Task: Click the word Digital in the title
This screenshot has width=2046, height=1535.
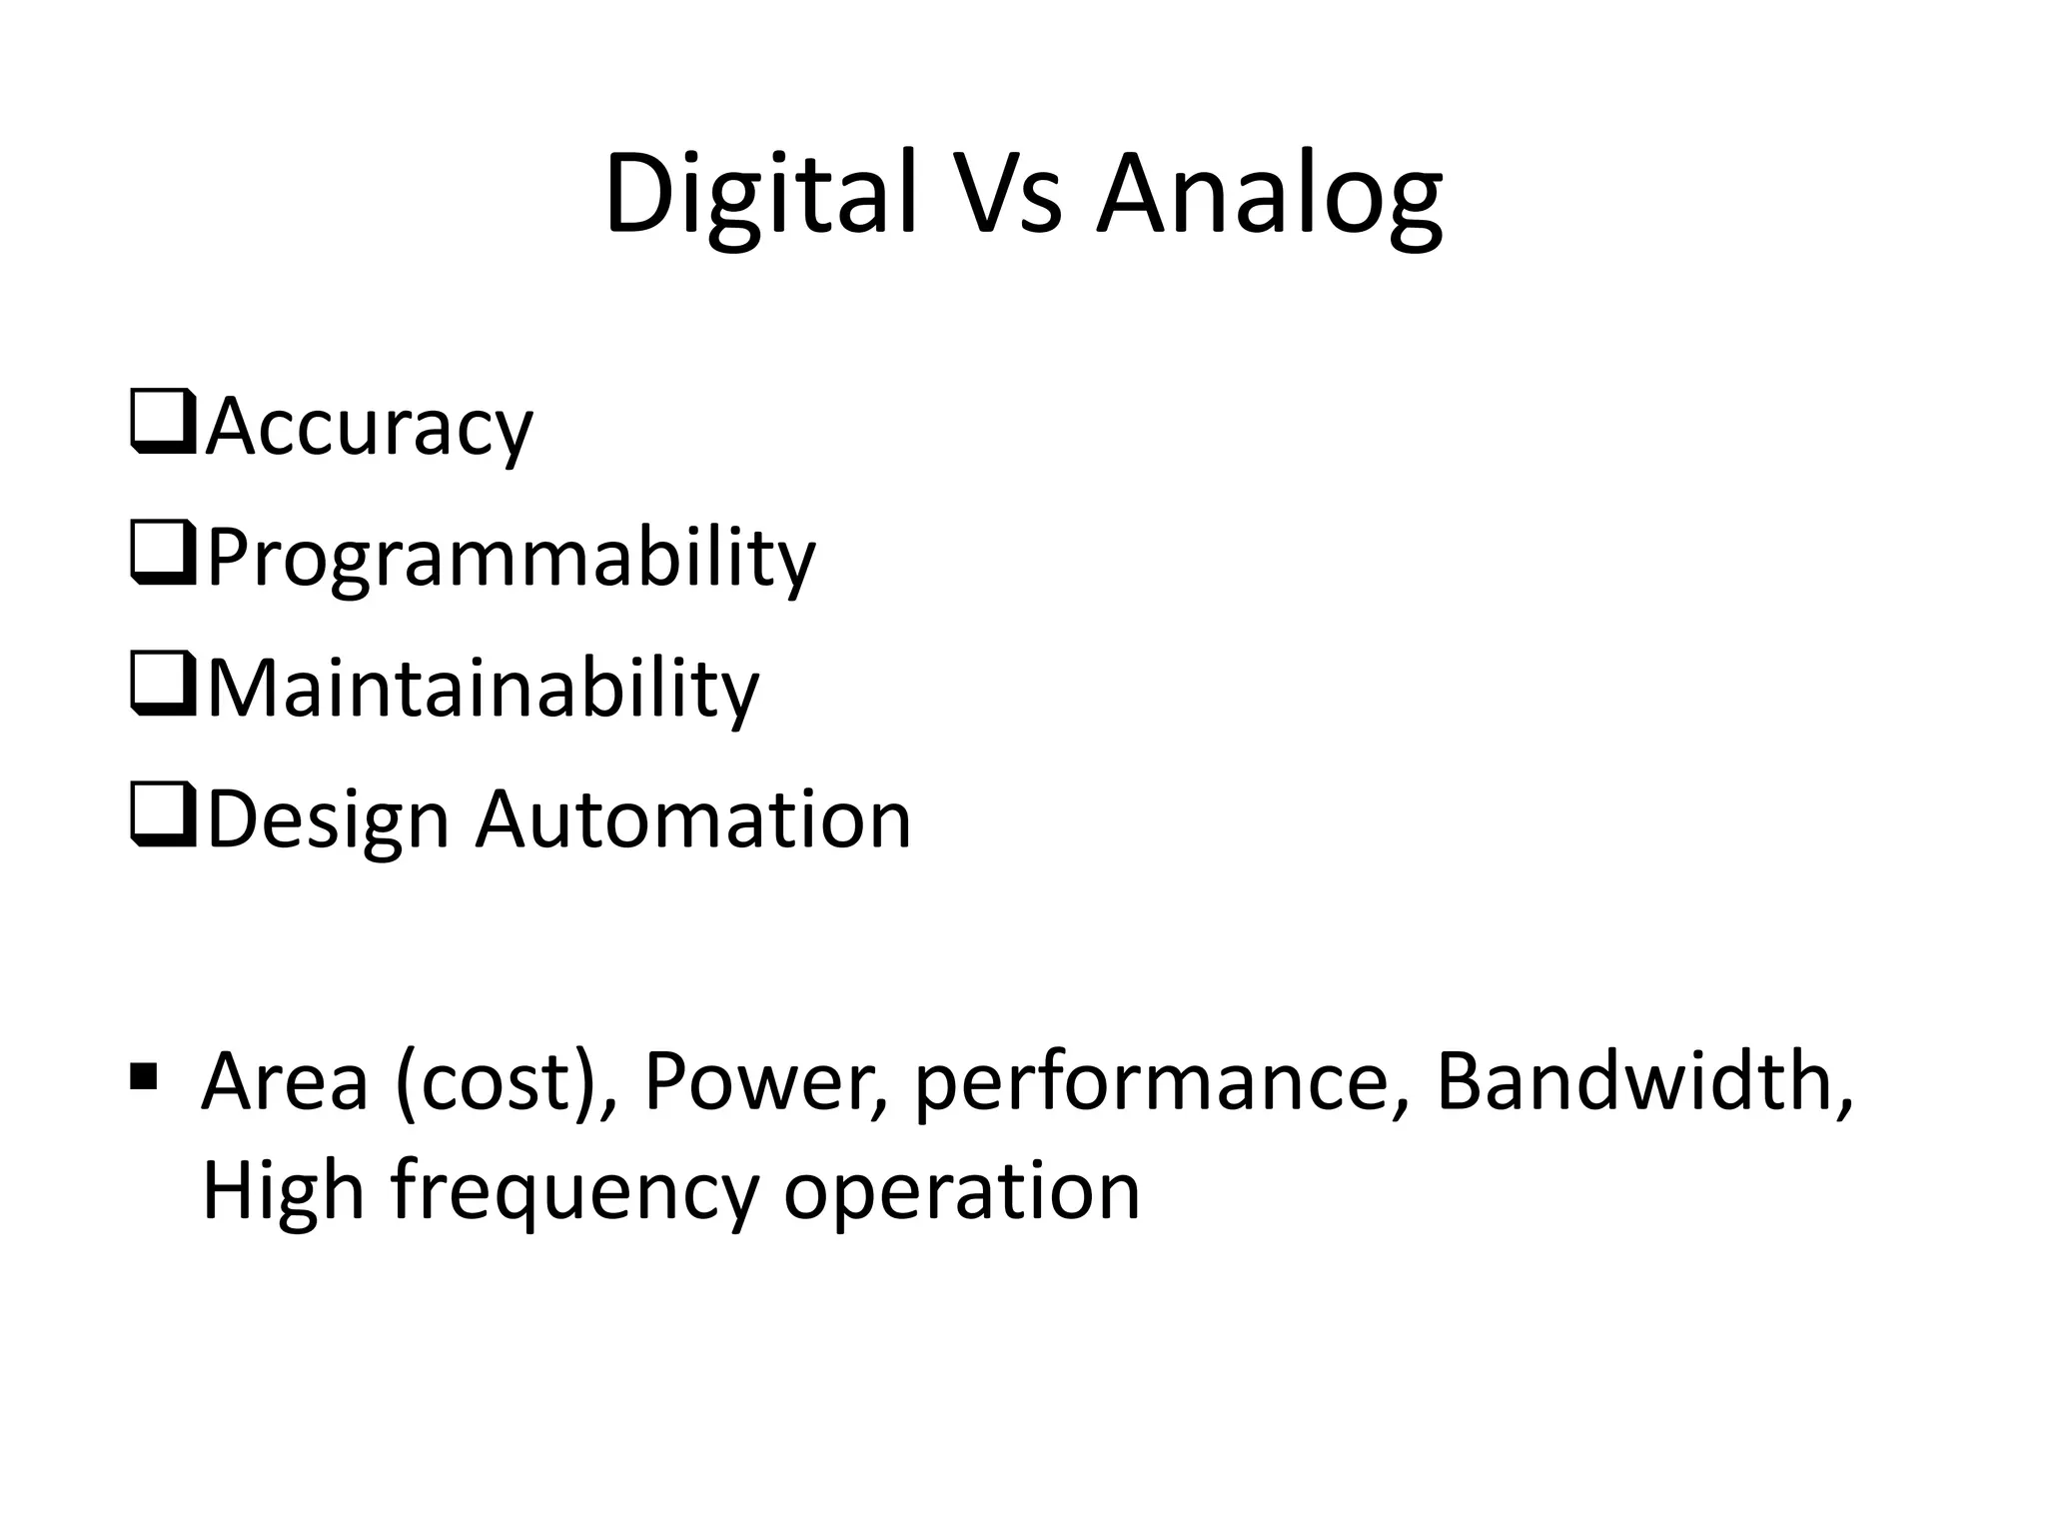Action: pos(760,194)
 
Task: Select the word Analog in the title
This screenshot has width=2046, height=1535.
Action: pos(1269,194)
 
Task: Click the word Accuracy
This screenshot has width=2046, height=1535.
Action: pos(369,428)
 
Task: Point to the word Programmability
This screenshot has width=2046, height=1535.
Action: pos(511,559)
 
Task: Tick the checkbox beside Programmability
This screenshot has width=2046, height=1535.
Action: pos(162,556)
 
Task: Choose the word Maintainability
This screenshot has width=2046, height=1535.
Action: pos(483,690)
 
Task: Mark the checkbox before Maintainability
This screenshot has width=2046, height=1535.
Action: pos(162,687)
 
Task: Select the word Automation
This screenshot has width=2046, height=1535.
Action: pos(692,820)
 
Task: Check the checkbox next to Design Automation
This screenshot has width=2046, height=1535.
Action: pos(162,818)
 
